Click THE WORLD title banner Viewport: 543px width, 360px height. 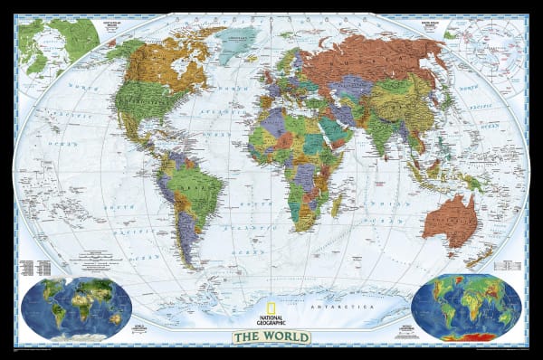click(x=271, y=337)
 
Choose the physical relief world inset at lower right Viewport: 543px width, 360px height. click(x=466, y=308)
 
